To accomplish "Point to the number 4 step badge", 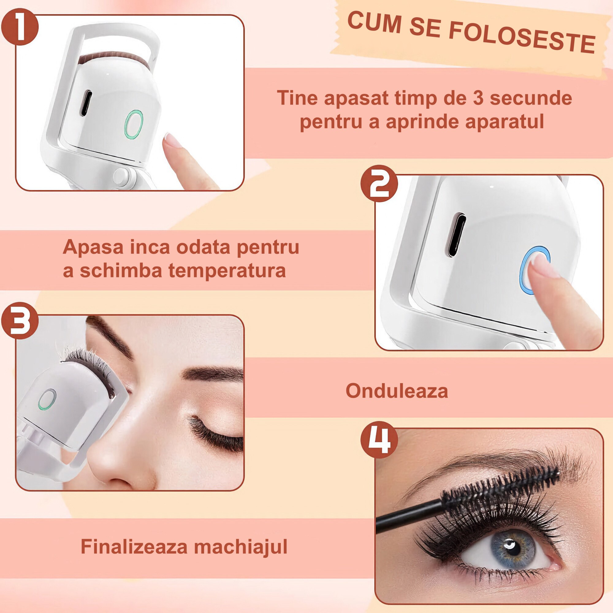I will pos(379,440).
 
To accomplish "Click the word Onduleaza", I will pos(397,391).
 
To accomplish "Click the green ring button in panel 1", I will pos(133,124).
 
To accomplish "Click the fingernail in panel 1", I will pos(173,140).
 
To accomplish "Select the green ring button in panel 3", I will pos(47,399).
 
